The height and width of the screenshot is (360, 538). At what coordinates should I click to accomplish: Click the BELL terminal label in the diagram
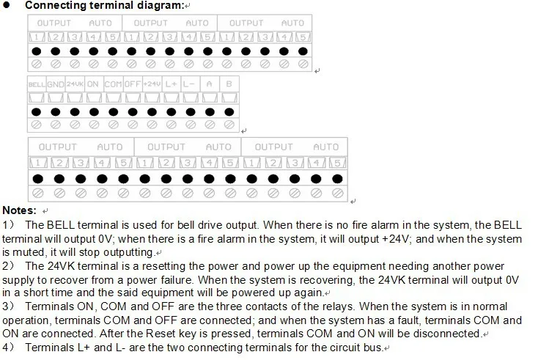37,84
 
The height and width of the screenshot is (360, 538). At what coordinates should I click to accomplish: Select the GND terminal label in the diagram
56,84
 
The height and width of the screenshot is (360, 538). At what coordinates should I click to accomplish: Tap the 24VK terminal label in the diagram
75,84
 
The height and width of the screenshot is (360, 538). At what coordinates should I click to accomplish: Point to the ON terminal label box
93,84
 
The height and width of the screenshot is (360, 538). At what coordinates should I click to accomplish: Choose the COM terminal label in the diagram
113,84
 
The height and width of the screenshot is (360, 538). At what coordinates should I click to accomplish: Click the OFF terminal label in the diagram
132,84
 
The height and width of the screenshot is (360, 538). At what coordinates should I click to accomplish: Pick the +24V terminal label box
152,84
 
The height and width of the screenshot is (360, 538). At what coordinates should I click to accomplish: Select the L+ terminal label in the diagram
170,84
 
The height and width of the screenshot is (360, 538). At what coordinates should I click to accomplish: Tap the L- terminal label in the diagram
188,84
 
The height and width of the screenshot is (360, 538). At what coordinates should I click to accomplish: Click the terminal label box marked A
209,84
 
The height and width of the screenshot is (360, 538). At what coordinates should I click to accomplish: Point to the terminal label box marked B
229,84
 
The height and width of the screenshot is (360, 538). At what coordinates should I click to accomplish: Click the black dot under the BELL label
36,111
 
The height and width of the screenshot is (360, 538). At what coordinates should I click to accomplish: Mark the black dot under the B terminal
229,111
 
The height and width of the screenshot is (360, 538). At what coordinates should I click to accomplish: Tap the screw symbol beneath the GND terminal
56,126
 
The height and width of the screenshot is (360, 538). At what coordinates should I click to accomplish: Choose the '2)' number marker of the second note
8,265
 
